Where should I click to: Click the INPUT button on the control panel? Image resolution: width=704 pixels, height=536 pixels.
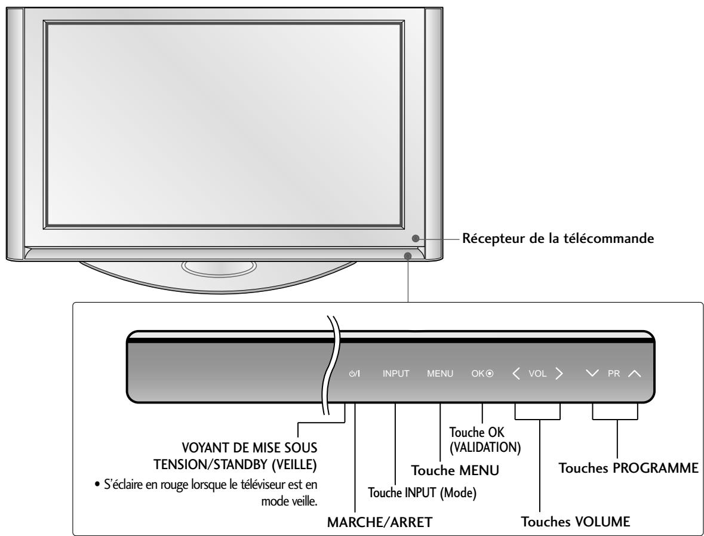396,374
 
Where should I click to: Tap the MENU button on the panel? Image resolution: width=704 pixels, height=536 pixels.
440,374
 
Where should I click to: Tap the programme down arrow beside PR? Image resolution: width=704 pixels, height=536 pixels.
592,374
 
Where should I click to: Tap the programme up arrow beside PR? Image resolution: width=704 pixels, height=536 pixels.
634,374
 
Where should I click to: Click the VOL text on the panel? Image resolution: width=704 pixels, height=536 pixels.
537,374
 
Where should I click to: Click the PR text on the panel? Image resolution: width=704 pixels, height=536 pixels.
613,374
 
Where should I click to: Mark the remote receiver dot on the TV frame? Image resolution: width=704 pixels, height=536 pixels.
415,238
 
